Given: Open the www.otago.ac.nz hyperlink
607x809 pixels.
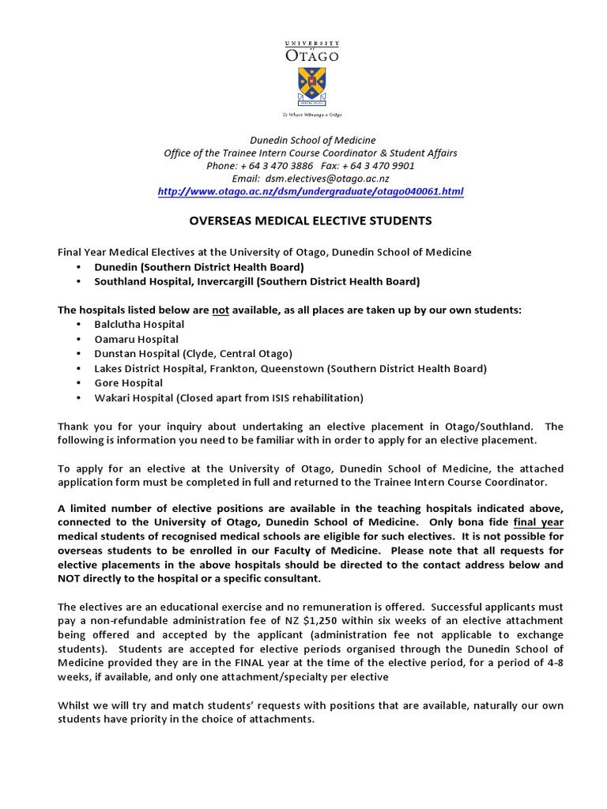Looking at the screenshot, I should point(310,192).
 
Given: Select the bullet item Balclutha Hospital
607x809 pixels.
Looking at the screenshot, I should point(139,325).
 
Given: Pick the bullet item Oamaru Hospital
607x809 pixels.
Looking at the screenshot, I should point(136,340).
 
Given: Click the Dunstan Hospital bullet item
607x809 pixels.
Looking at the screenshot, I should point(193,354).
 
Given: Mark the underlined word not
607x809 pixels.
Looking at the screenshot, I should point(221,310).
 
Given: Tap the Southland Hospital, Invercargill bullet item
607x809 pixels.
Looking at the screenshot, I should point(257,281).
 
